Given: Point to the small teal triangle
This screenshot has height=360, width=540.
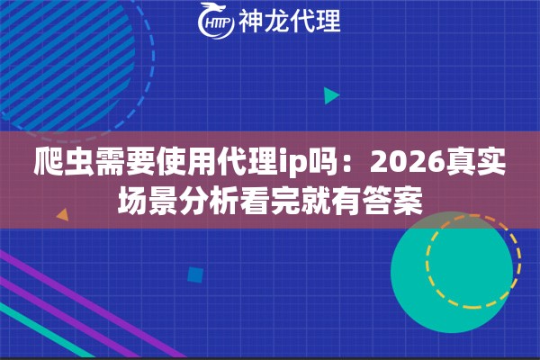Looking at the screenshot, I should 331,94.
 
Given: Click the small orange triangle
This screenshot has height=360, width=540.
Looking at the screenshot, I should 62,215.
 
